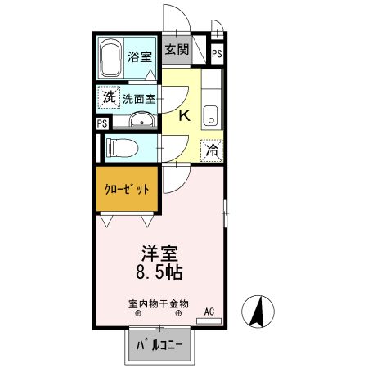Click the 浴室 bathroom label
(140, 56)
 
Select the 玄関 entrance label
(176, 50)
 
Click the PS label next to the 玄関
(217, 53)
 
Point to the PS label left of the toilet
(102, 123)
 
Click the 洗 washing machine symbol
(109, 97)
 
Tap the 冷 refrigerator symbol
(212, 150)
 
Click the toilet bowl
(120, 148)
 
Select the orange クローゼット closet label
(127, 188)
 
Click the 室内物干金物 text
(159, 303)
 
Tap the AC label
(209, 311)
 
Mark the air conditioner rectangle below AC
(209, 321)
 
